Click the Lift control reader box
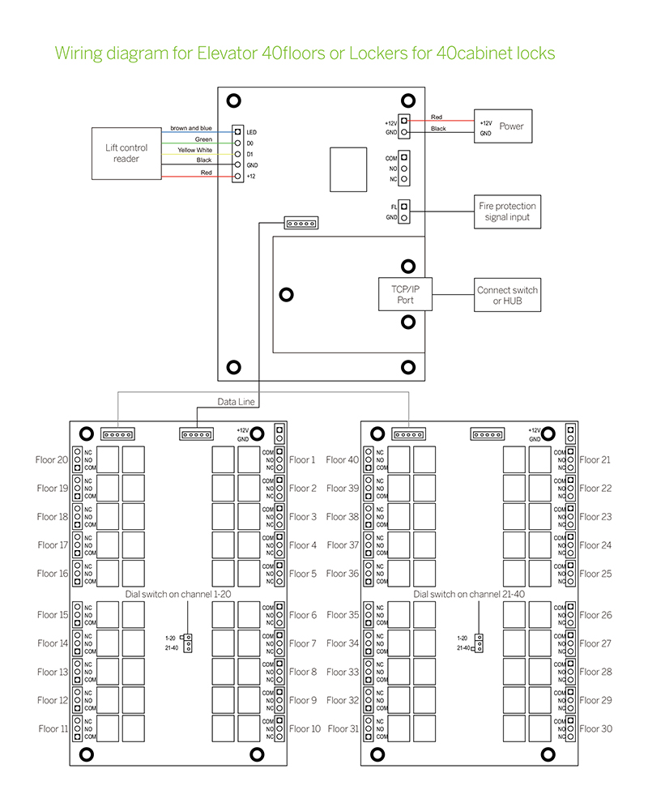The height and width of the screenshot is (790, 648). tap(126, 154)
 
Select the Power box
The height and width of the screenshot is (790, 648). tap(503, 126)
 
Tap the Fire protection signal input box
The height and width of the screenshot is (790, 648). tap(507, 211)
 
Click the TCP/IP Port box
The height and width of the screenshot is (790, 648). tap(406, 294)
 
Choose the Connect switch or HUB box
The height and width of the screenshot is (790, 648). tap(507, 295)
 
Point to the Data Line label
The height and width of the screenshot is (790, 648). tap(237, 402)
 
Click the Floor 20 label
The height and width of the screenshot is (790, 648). tap(52, 460)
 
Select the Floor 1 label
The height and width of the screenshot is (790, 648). tap(302, 460)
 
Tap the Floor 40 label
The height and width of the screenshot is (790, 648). tap(342, 460)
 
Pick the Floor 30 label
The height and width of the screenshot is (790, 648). tap(595, 729)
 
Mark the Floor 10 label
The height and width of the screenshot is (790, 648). tap(305, 729)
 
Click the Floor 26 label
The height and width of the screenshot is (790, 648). tap(595, 615)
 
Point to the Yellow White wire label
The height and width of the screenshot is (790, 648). tap(194, 150)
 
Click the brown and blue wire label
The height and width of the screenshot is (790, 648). tap(190, 128)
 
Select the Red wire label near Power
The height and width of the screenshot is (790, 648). tap(437, 117)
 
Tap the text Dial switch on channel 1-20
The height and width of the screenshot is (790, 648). tap(179, 594)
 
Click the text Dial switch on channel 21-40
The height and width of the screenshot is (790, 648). tap(469, 594)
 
